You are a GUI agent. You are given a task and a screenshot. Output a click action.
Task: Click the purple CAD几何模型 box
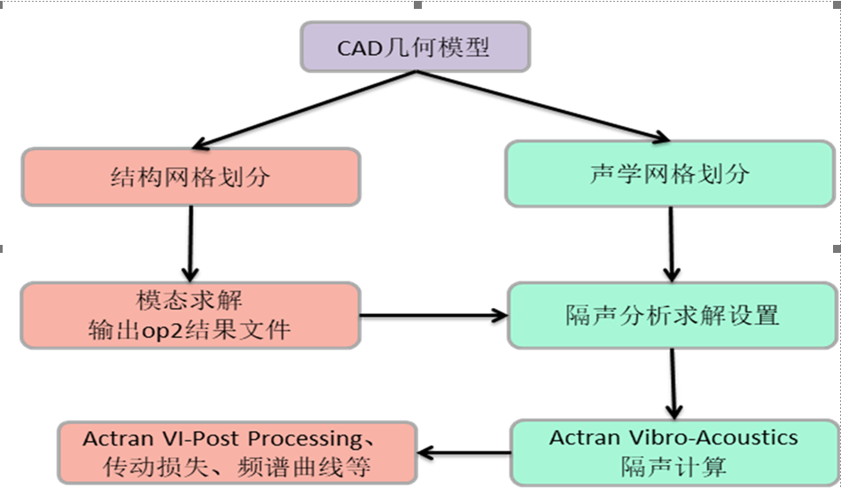415,47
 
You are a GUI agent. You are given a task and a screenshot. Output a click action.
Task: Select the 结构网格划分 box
191,177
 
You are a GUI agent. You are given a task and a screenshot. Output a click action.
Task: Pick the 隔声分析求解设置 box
672,315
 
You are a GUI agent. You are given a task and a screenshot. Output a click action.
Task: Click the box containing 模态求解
191,315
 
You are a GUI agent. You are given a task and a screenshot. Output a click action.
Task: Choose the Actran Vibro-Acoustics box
673,451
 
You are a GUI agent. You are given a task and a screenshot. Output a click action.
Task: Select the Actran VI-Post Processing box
238,453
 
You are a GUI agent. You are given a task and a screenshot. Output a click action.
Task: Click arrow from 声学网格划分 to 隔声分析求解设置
672,242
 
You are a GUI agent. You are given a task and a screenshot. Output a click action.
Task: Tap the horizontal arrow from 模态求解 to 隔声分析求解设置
434,315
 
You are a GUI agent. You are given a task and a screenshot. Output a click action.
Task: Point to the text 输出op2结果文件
190,330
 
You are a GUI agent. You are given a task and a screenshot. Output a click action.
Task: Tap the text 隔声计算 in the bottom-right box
673,465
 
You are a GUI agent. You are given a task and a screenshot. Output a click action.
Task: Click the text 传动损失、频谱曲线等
237,466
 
